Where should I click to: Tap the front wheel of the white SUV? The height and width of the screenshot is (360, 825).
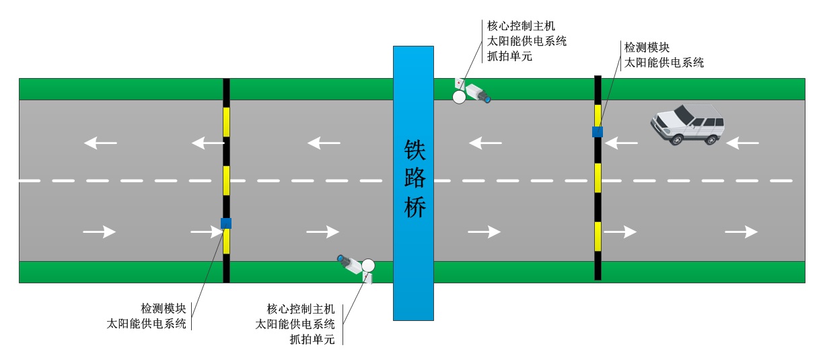point(676,139)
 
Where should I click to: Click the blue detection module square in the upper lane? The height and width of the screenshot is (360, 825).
point(597,132)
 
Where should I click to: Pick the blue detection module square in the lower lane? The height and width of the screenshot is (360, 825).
point(226,223)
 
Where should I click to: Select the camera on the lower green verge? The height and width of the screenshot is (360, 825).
point(356,264)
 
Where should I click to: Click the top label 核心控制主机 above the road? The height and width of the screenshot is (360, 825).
point(522,26)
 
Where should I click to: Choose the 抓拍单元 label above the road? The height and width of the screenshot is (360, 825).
point(510,57)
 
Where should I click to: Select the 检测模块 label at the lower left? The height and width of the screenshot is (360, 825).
point(163,309)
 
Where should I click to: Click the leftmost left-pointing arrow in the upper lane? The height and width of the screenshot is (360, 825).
point(100,143)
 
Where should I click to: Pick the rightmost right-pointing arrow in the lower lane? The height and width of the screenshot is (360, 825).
point(741,231)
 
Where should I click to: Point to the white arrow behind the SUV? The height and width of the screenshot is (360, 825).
point(743,143)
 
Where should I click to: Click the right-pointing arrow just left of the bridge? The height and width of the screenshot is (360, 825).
point(323,231)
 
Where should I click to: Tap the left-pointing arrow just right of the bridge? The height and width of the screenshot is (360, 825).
point(485,143)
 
